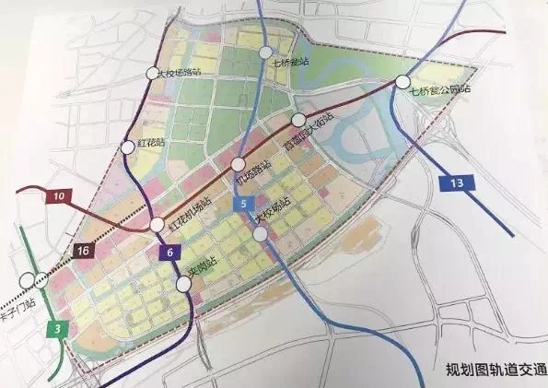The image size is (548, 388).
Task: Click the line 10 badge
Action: click(58, 196)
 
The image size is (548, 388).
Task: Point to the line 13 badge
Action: click(457, 183)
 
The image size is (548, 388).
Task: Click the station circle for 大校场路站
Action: click(153, 73)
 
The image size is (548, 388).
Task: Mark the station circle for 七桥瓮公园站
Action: click(402, 81)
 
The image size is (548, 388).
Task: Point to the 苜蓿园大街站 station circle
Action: click(298, 120)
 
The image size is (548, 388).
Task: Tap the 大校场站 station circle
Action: click(262, 234)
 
